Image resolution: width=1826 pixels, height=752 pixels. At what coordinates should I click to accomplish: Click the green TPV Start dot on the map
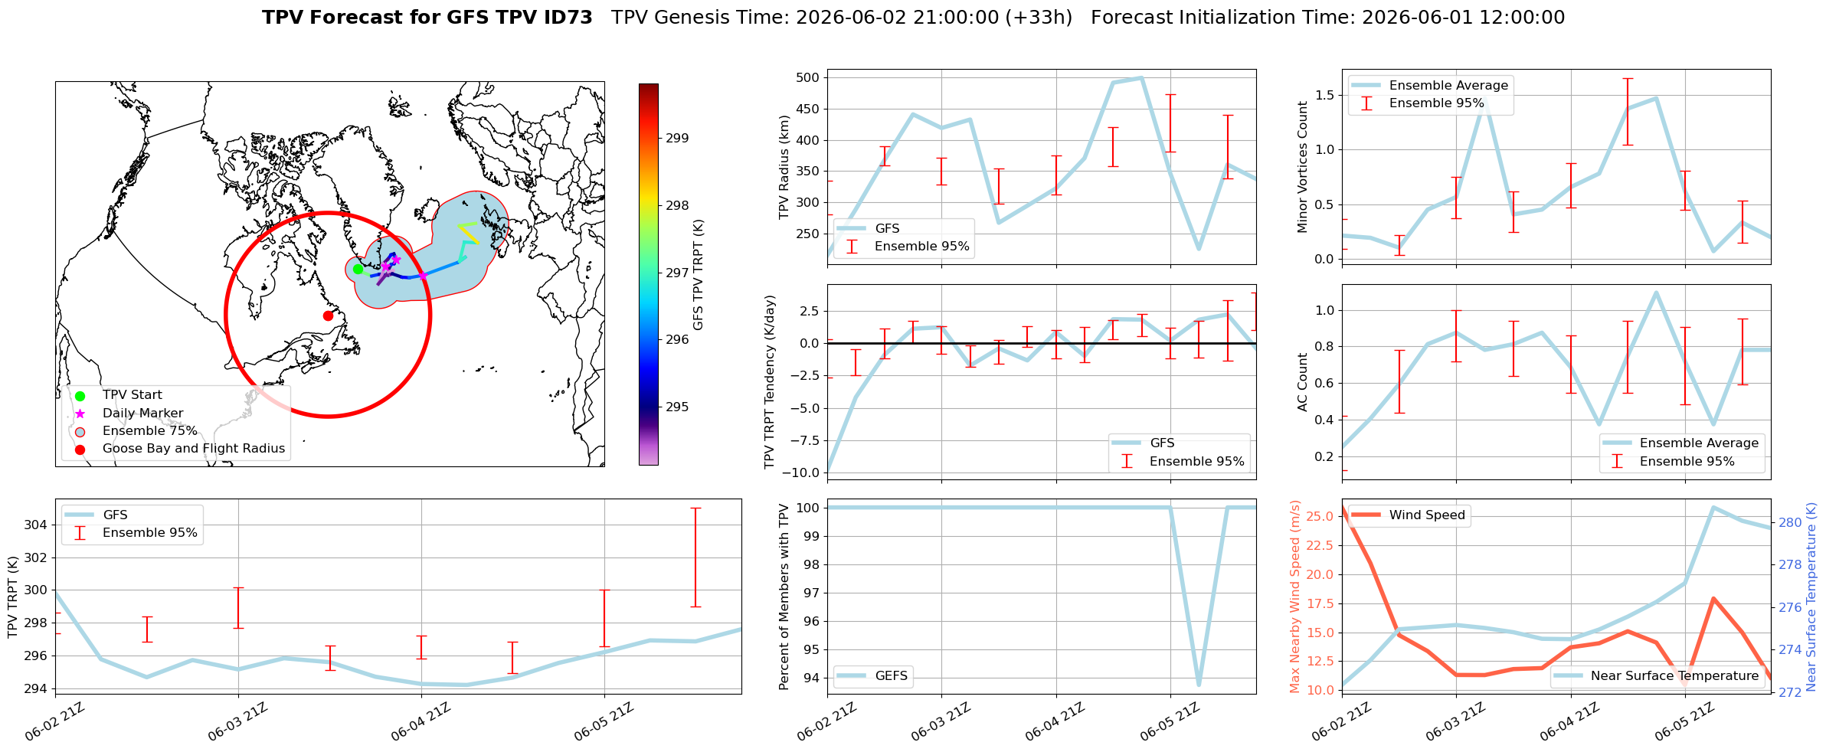[358, 269]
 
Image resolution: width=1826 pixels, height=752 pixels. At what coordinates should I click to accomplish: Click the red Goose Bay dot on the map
[328, 316]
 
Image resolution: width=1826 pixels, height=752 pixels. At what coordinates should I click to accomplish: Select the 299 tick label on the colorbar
[677, 139]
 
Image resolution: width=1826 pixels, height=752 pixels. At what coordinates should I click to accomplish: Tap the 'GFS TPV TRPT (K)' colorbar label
[698, 275]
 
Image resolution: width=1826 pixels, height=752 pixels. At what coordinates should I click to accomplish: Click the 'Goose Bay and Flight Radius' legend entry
[194, 449]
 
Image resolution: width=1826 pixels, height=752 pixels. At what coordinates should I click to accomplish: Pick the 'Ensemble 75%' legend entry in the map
[150, 431]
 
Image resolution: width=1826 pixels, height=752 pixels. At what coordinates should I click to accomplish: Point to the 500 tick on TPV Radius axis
[808, 77]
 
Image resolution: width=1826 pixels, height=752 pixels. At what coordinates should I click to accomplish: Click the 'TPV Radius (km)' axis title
[784, 167]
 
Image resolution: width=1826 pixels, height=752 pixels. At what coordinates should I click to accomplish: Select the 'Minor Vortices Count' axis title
[1302, 167]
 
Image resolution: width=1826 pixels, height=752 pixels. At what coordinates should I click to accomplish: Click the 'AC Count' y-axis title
[1302, 382]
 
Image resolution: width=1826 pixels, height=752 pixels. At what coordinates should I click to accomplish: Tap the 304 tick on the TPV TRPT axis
[35, 525]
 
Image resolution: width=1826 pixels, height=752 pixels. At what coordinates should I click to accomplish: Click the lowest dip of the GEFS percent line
[1199, 685]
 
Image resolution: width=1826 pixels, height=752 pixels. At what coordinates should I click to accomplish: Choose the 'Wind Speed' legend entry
[1427, 515]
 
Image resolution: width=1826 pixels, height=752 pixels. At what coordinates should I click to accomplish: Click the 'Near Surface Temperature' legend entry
[1674, 676]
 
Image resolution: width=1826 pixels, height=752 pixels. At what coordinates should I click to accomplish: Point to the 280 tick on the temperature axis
[1790, 523]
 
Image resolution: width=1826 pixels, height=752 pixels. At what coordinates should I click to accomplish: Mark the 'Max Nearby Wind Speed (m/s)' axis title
[1294, 597]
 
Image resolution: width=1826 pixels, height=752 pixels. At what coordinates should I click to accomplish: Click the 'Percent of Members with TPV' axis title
[784, 597]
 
